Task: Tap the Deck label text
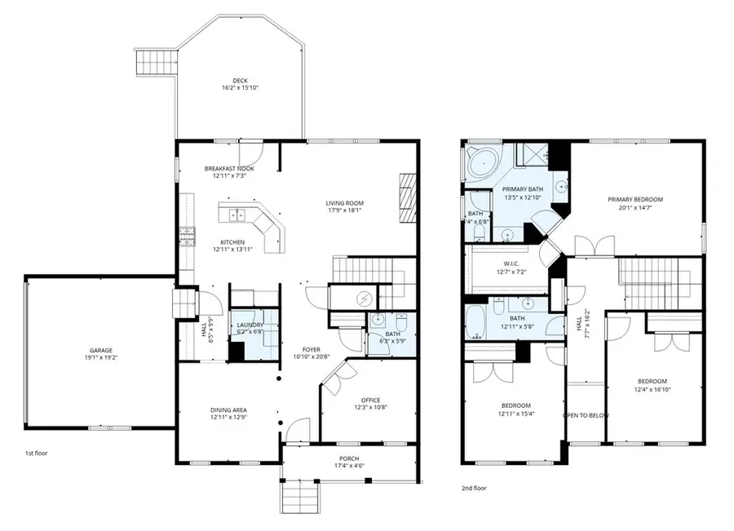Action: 240,80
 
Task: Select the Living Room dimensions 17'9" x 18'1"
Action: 344,210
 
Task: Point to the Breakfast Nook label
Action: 228,169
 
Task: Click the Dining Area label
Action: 228,409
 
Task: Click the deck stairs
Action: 156,61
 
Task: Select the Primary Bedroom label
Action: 635,199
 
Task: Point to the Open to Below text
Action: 586,416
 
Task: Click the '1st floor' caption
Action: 36,452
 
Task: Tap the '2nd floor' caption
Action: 475,488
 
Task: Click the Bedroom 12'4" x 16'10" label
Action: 652,381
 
